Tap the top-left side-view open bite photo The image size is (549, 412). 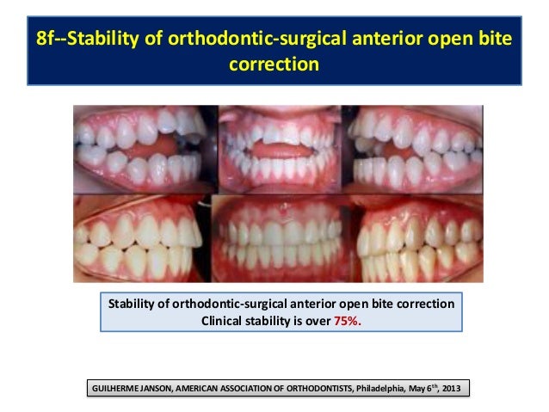pyautogui.click(x=144, y=150)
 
